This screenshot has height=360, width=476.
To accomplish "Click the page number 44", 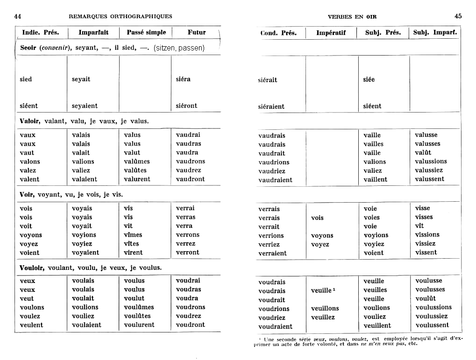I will (18, 16).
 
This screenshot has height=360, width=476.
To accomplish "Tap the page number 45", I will (458, 16).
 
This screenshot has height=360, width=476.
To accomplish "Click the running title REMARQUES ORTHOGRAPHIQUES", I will (120, 16).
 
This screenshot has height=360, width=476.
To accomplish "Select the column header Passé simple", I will (146, 33).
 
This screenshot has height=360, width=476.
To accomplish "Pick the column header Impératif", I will (331, 33).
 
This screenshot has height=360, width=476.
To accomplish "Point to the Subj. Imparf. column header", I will (435, 33).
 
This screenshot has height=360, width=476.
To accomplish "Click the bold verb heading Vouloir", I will (32, 268).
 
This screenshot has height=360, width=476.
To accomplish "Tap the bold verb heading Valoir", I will (30, 121).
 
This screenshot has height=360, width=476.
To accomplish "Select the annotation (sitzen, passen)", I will (179, 48).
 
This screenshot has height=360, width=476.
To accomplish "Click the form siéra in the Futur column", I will (183, 79).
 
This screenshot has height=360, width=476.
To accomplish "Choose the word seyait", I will (81, 79).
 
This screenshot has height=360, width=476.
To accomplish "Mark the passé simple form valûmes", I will (136, 162).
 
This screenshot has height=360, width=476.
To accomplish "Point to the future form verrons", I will (187, 235).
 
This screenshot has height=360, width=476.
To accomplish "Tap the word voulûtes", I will (137, 316).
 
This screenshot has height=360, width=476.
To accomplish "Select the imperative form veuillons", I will (325, 309).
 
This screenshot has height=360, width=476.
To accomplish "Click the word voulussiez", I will (431, 316).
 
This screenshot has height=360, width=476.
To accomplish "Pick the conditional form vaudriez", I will (272, 171).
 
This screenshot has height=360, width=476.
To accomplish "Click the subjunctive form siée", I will (369, 79).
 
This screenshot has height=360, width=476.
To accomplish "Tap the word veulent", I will (31, 325).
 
